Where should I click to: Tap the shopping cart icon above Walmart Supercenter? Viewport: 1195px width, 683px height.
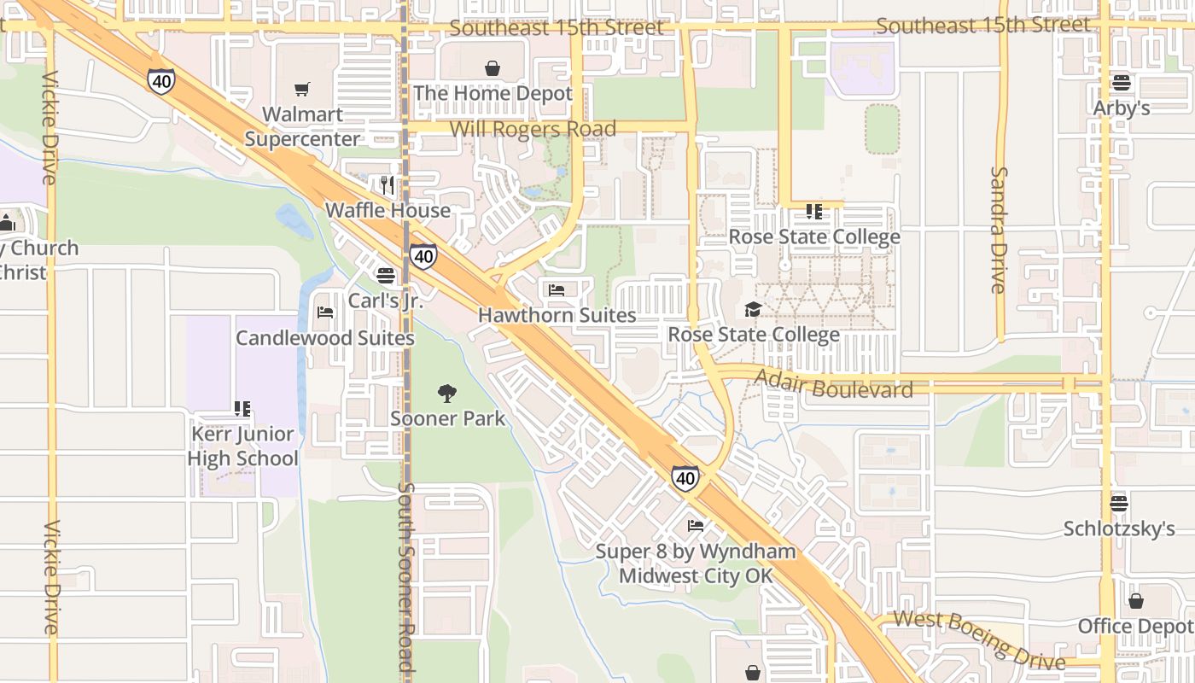click(301, 89)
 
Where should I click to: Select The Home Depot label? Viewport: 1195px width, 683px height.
click(493, 93)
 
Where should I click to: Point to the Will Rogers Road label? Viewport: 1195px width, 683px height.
click(533, 129)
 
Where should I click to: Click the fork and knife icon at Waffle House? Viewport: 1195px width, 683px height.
click(388, 184)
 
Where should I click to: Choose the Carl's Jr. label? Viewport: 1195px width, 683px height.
click(386, 301)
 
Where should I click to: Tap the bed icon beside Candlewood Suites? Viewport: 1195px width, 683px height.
click(325, 312)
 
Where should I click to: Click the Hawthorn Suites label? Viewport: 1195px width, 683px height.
click(557, 315)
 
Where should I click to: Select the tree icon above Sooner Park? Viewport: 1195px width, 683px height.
click(447, 394)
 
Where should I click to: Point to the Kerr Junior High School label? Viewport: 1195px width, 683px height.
click(243, 446)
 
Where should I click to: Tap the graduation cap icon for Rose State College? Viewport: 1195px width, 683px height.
click(753, 309)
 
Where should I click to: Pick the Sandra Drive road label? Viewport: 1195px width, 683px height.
click(999, 230)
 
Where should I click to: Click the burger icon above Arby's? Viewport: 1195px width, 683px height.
click(1122, 83)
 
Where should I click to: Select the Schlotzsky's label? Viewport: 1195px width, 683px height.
click(1119, 528)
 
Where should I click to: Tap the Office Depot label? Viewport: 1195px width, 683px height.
click(1135, 626)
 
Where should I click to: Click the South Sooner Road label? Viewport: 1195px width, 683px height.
click(406, 581)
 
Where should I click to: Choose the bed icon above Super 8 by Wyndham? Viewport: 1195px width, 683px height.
click(696, 525)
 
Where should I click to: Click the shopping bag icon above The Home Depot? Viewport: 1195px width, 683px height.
click(493, 68)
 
